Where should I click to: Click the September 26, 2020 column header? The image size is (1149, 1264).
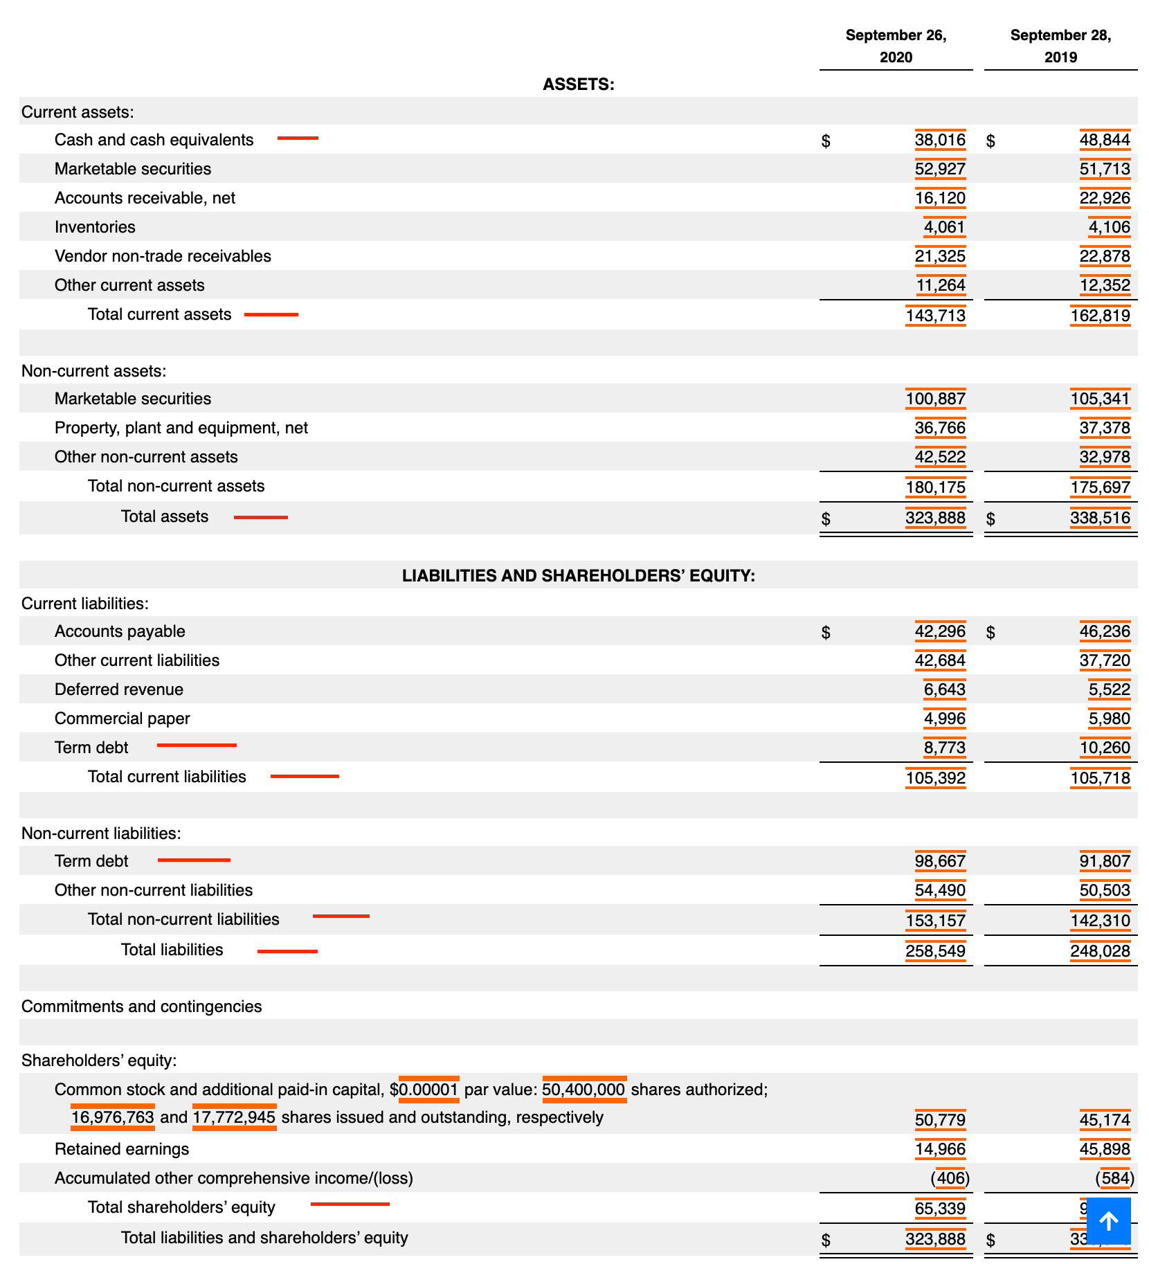coord(896,46)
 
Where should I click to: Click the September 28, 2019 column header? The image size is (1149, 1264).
coord(1060,46)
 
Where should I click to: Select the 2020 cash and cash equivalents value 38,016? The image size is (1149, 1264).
coord(940,141)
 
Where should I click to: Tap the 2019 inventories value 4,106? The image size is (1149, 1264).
coord(1109,227)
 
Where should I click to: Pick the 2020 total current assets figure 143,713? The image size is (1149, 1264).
coord(935,316)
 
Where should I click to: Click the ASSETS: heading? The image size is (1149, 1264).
coord(578,84)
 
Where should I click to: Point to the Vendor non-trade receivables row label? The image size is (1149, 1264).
coord(163,256)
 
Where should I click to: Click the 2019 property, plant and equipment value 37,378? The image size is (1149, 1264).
coord(1105,428)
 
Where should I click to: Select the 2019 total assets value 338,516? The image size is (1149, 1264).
coord(1100,518)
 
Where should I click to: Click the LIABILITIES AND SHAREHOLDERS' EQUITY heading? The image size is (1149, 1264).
coord(578,576)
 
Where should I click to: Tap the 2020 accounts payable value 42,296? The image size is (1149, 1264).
coord(940,631)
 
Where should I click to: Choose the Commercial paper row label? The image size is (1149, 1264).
coord(122,719)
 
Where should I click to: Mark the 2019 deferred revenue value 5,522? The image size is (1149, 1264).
coord(1109,689)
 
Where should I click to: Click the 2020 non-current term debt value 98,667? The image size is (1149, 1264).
coord(940,861)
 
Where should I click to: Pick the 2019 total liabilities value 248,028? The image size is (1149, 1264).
coord(1100,951)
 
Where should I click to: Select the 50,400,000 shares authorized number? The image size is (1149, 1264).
coord(583,1090)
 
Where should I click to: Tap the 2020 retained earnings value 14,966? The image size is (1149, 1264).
coord(940,1149)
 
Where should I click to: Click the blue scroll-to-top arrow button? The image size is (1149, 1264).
coord(1108,1220)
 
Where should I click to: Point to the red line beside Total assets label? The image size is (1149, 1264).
coord(260,517)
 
